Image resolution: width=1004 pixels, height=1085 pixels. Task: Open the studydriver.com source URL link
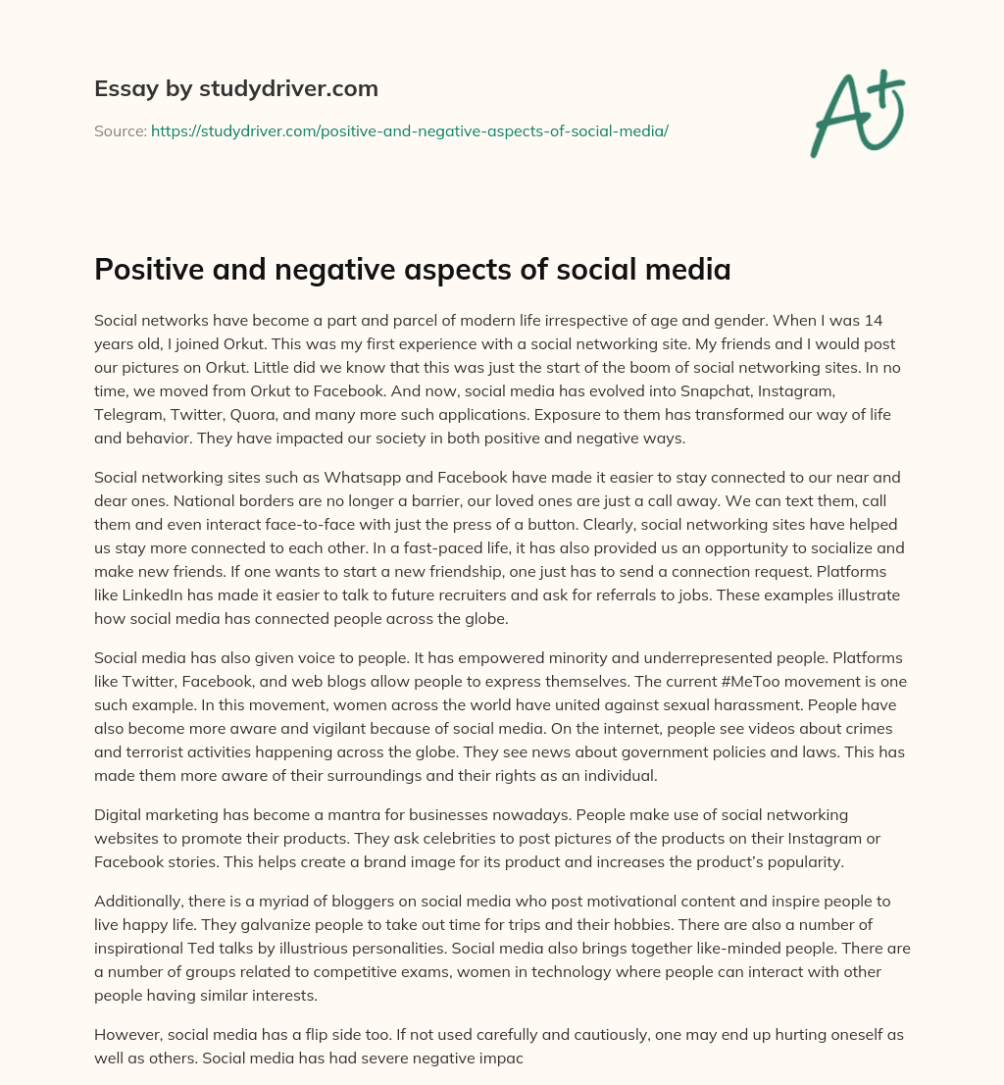[x=409, y=130]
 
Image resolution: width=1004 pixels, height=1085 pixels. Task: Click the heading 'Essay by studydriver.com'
[x=235, y=89]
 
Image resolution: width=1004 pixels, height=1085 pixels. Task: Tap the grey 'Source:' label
[x=120, y=130]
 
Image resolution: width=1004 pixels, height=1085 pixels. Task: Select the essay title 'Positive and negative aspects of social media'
[x=412, y=270]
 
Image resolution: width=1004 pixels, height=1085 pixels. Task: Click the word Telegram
[x=128, y=414]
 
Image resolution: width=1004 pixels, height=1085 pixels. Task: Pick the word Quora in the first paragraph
[x=257, y=414]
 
